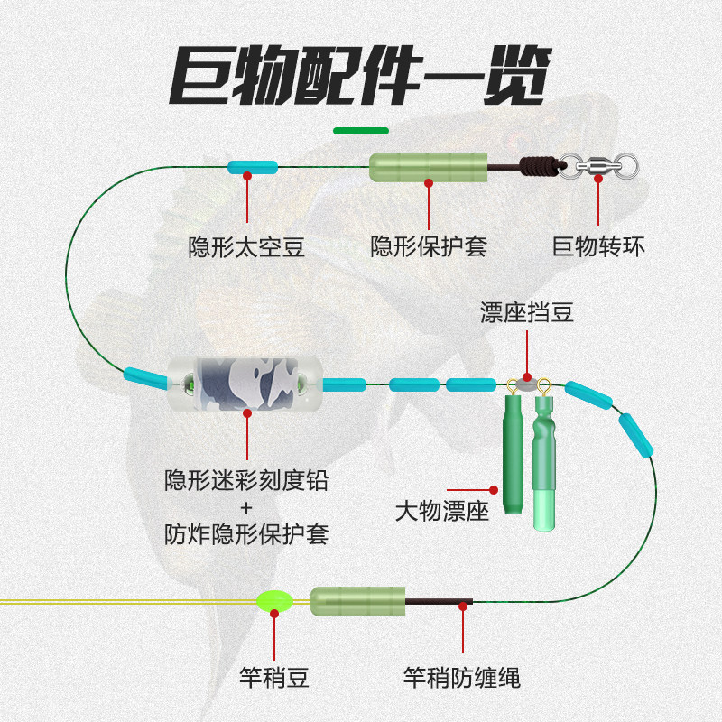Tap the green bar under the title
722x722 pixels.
pos(361,131)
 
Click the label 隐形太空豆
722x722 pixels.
pos(246,246)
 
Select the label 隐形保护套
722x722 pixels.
pos(429,246)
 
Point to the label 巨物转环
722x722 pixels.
pos(598,246)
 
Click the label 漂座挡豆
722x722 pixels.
pos(527,313)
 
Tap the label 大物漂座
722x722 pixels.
pos(442,513)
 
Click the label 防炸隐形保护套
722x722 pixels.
pos(246,534)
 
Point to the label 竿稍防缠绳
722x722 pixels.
pos(462,677)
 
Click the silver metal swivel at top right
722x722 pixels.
pos(600,166)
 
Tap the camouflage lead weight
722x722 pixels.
pos(246,384)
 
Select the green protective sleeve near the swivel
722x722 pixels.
pos(429,167)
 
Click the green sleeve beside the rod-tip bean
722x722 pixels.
pos(357,600)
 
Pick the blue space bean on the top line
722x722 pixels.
pos(252,167)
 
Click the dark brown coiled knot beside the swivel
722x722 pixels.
pos(540,166)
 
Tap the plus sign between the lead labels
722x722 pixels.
pos(245,508)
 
